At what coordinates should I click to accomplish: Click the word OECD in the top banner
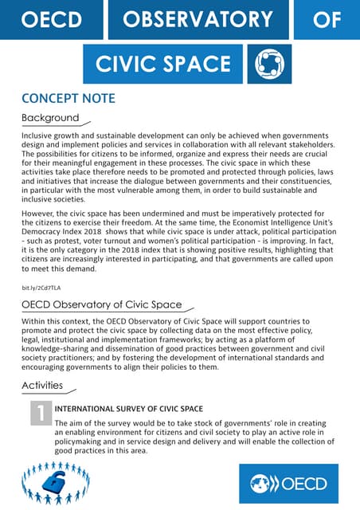click(52, 19)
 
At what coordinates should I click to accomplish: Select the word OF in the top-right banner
click(327, 19)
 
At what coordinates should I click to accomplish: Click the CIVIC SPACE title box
click(163, 64)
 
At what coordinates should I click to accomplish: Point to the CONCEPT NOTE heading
click(68, 99)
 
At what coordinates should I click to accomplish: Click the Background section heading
click(50, 119)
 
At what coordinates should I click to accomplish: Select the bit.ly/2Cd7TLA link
click(41, 287)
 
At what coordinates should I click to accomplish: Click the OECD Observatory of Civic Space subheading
click(101, 305)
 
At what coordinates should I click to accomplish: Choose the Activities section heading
click(43, 386)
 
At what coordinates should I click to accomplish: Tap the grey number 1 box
click(40, 413)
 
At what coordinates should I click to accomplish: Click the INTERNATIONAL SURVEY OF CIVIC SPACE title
click(128, 408)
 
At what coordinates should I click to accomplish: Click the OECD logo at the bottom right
click(288, 483)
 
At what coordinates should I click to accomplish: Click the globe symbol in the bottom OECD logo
click(262, 483)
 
